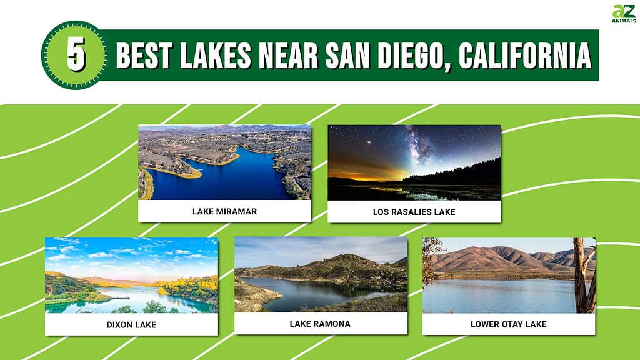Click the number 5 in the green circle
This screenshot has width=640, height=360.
pyautogui.click(x=76, y=54)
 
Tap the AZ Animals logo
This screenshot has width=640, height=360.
pyautogui.click(x=624, y=14)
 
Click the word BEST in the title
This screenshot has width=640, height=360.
pyautogui.click(x=143, y=55)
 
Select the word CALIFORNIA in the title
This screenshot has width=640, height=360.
pyautogui.click(x=525, y=55)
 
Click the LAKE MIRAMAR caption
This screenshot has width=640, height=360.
pyautogui.click(x=224, y=211)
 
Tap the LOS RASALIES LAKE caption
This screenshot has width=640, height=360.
pyautogui.click(x=414, y=212)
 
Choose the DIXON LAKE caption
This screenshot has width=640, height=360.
pyautogui.click(x=131, y=325)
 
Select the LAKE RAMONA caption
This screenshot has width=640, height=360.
pyautogui.click(x=320, y=324)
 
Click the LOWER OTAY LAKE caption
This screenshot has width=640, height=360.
pyautogui.click(x=509, y=324)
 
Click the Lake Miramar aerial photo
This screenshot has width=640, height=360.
pyautogui.click(x=224, y=162)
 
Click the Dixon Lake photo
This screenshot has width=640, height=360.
pyautogui.click(x=131, y=276)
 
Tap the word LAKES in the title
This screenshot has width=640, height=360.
pyautogui.click(x=215, y=55)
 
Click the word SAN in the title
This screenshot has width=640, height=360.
pyautogui.click(x=347, y=55)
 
